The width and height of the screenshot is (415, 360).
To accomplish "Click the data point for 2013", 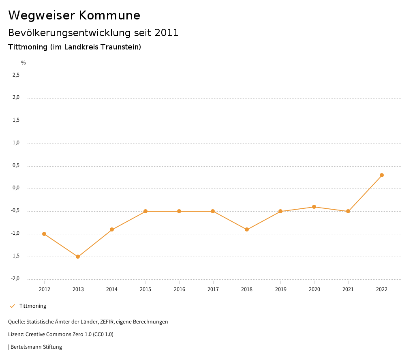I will click(78, 257).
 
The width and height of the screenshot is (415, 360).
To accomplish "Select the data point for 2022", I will click(382, 175).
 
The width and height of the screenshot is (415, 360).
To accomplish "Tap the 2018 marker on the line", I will click(247, 229).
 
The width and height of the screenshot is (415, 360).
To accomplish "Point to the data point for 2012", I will click(44, 234).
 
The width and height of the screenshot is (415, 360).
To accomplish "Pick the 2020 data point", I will click(314, 207).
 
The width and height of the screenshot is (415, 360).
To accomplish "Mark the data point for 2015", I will click(145, 211).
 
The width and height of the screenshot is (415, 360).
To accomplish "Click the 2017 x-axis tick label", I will click(213, 289).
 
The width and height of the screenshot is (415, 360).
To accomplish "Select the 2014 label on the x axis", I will click(112, 289).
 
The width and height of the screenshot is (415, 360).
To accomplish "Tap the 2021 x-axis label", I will click(348, 289).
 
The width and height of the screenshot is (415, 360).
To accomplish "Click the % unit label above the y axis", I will click(24, 63).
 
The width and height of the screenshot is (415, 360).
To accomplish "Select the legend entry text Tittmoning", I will click(33, 306).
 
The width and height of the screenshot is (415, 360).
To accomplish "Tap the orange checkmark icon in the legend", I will click(12, 306).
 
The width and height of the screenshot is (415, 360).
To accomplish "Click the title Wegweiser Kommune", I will click(74, 15).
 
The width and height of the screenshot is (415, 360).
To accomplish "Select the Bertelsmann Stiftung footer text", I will click(36, 347).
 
